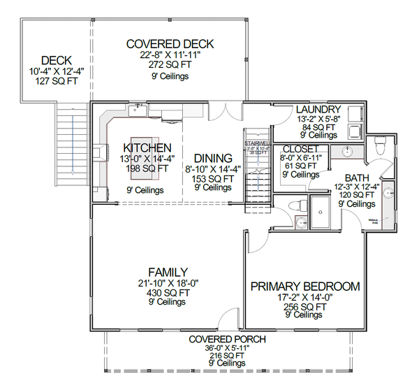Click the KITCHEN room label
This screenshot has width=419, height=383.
pos(147,148)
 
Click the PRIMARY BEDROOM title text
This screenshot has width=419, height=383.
pos(305,287)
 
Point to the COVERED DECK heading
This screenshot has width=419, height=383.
pos(170,44)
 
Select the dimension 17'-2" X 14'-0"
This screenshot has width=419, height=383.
pos(305,297)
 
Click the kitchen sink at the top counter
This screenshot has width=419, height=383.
pos(138,111)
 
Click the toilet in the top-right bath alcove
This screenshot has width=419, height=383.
pos(381,146)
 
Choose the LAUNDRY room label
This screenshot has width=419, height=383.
pos(318,110)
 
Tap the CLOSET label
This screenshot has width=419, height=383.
pos(301,150)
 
